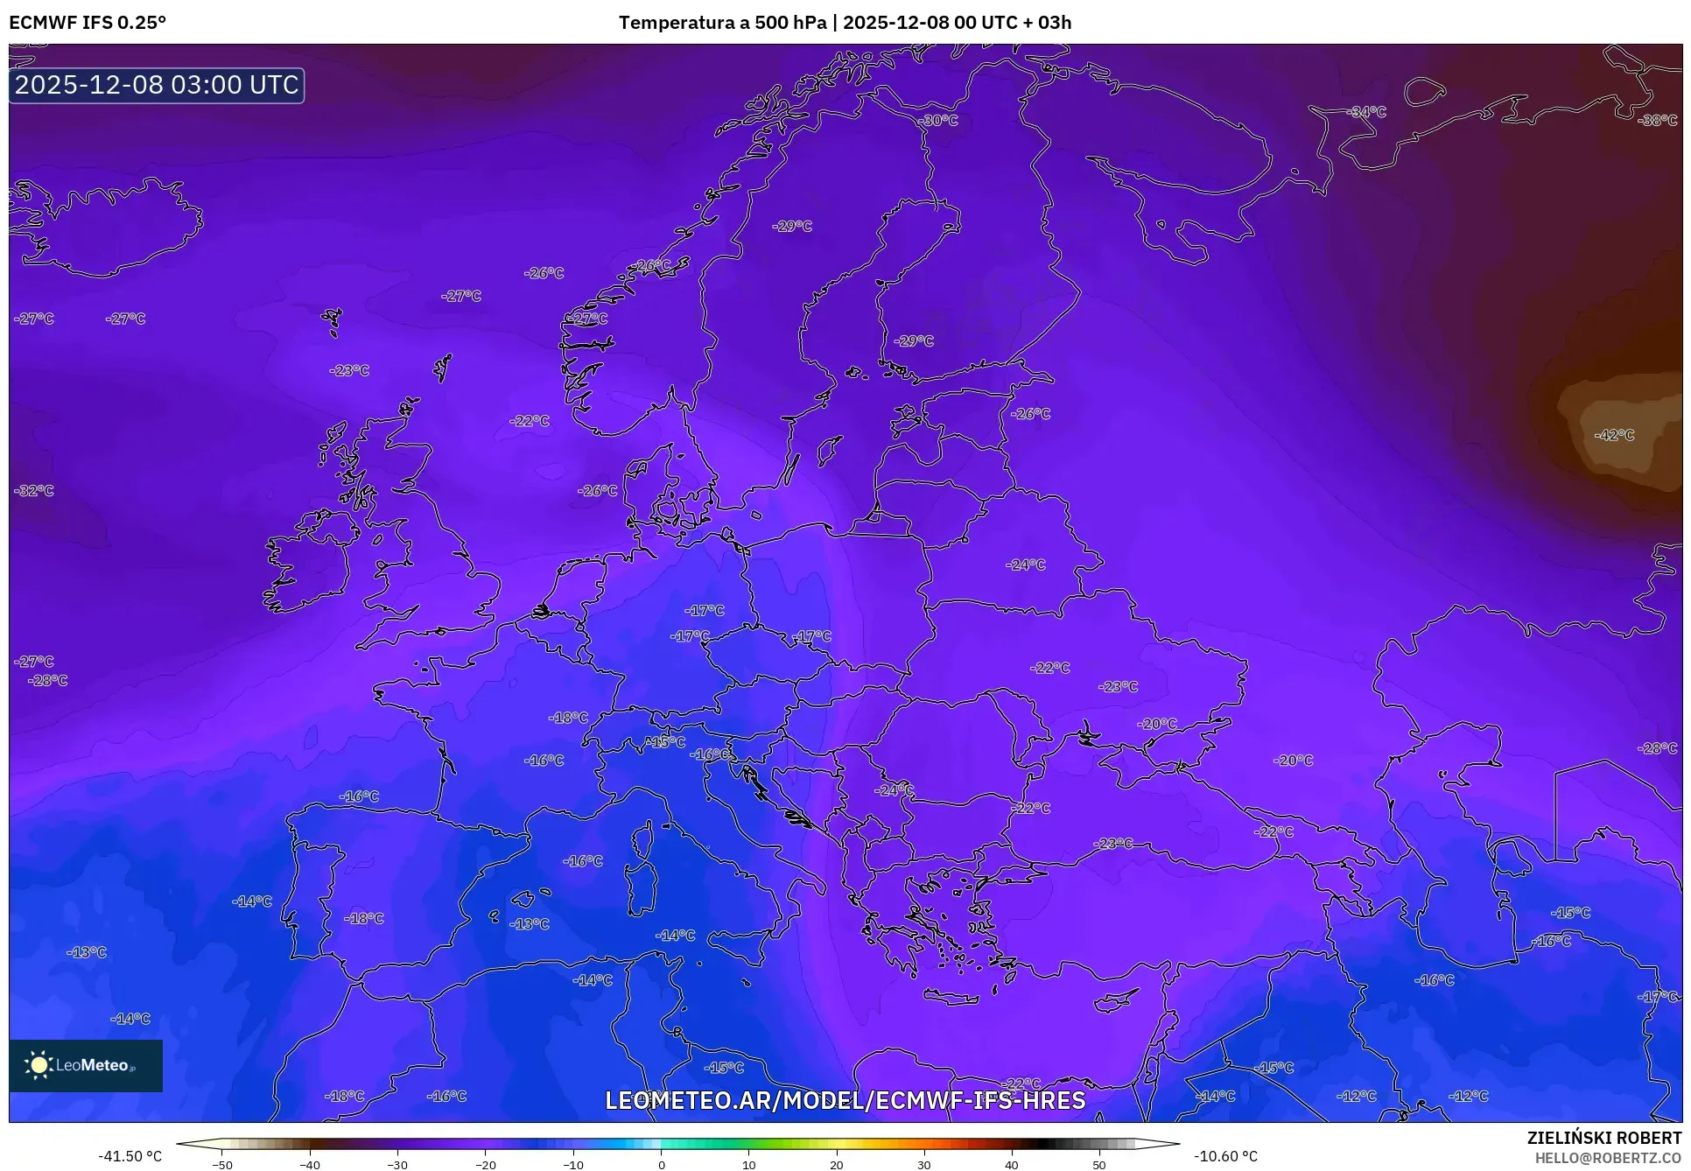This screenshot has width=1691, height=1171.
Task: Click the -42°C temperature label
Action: point(1614,435)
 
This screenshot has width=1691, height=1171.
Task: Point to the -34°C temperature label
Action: point(1367,112)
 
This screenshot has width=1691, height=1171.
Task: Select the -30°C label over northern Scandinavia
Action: point(940,121)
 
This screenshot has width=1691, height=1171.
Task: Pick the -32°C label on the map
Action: point(34,491)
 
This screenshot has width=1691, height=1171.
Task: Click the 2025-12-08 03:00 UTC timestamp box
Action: point(157,85)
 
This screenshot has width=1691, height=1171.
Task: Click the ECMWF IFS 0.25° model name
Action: point(88,23)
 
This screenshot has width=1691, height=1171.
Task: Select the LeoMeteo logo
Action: point(86,1065)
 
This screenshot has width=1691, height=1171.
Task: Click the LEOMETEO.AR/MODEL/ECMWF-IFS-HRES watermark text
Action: point(845,1100)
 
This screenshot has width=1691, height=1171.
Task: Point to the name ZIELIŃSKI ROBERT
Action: point(1603,1138)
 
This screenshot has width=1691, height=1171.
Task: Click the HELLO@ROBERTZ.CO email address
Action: point(1608,1158)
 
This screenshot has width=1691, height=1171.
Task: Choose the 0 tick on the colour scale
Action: point(661,1165)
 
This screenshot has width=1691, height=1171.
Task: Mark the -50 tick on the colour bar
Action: point(222,1165)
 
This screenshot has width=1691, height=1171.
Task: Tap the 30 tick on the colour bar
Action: point(924,1165)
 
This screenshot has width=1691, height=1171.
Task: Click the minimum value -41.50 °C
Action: point(130,1156)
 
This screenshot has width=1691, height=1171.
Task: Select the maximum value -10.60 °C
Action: point(1225,1156)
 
